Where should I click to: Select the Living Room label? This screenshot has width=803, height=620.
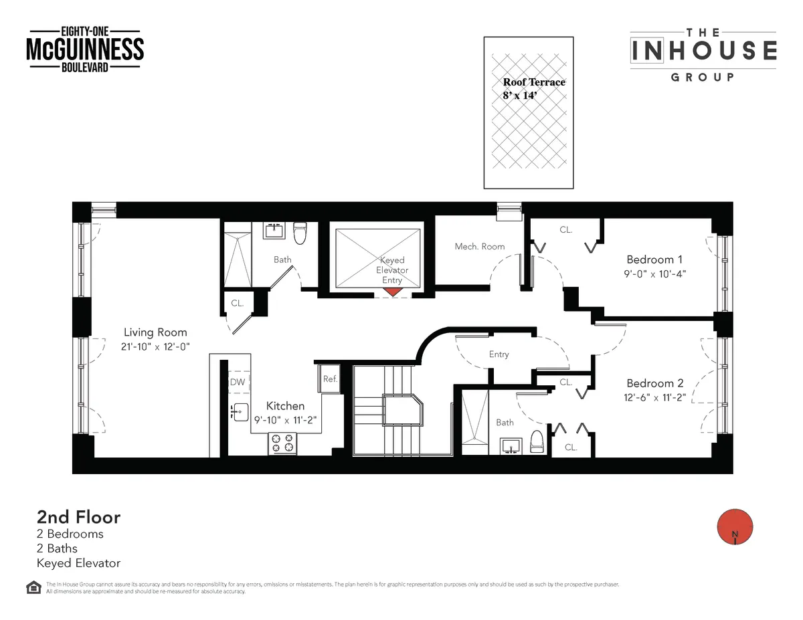pyautogui.click(x=155, y=332)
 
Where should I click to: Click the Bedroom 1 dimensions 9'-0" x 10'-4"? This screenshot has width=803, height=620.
pyautogui.click(x=656, y=274)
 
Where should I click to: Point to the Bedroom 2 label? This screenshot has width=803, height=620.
pyautogui.click(x=654, y=383)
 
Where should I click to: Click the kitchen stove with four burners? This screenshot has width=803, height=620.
pyautogui.click(x=282, y=443)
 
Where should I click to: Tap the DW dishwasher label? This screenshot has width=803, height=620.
pyautogui.click(x=237, y=382)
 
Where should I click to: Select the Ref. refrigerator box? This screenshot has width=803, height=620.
pyautogui.click(x=329, y=379)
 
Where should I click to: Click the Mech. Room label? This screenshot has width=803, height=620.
pyautogui.click(x=479, y=246)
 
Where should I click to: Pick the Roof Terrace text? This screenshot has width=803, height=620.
pyautogui.click(x=534, y=82)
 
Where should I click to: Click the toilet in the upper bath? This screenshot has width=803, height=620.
pyautogui.click(x=300, y=233)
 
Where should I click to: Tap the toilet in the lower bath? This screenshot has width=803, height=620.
pyautogui.click(x=536, y=442)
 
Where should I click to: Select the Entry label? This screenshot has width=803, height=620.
pyautogui.click(x=499, y=354)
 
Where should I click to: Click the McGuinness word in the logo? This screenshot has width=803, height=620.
pyautogui.click(x=85, y=49)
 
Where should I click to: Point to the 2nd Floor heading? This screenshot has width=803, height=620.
pyautogui.click(x=78, y=517)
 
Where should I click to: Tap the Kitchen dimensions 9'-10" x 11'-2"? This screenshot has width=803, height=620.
pyautogui.click(x=284, y=420)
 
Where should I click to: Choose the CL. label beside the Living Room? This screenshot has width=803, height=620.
pyautogui.click(x=237, y=303)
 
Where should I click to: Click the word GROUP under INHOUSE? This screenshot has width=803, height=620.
pyautogui.click(x=702, y=77)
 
